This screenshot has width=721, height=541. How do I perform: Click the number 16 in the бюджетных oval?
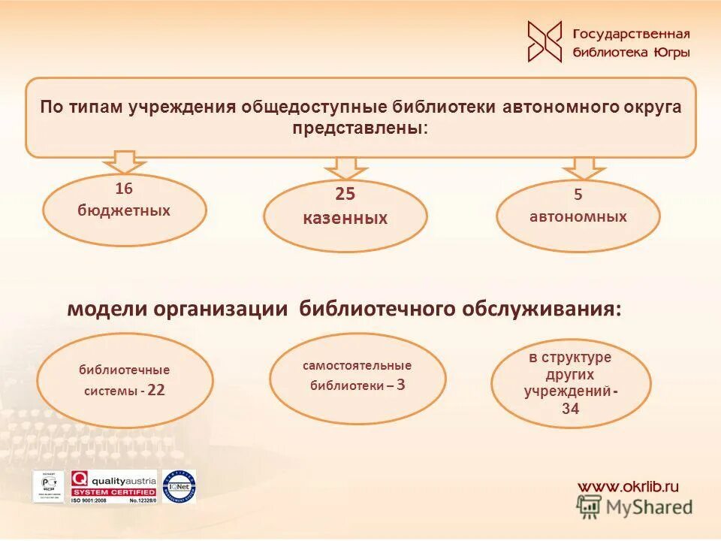[124, 188]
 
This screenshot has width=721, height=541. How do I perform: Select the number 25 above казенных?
[345, 195]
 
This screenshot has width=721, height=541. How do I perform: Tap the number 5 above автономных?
[578, 195]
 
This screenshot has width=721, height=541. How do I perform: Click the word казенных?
[345, 219]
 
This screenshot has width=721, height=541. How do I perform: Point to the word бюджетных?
[124, 210]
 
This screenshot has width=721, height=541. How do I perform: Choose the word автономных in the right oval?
[578, 217]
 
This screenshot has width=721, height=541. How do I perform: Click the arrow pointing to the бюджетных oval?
[125, 162]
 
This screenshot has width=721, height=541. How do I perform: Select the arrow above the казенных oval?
[345, 167]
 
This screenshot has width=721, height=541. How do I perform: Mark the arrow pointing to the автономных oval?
[584, 167]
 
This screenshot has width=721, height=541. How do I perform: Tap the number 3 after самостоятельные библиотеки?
[401, 385]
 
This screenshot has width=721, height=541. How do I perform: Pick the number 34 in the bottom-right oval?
[570, 410]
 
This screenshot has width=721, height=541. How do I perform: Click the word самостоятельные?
[357, 366]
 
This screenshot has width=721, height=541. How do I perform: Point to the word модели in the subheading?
[105, 310]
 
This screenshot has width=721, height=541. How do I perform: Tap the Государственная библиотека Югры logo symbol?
[545, 41]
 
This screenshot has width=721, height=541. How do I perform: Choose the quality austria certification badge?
[113, 486]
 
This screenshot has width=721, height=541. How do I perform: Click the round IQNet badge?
[179, 486]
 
